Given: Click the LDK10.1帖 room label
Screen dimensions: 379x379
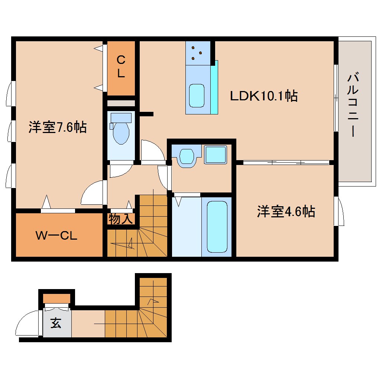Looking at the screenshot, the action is pyautogui.click(x=263, y=96).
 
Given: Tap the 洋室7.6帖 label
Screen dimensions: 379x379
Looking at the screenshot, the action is pyautogui.click(x=58, y=127).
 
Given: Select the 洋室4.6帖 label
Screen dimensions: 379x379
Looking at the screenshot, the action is pyautogui.click(x=286, y=211).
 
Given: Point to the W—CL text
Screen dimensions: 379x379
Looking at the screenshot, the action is pyautogui.click(x=56, y=236).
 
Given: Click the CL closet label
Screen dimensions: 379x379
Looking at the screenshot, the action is pyautogui.click(x=121, y=67).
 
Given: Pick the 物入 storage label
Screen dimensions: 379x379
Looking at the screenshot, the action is pyautogui.click(x=121, y=219).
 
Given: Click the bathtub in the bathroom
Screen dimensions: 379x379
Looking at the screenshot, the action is pyautogui.click(x=217, y=227).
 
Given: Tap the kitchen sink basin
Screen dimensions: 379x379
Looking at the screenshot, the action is pyautogui.click(x=197, y=96).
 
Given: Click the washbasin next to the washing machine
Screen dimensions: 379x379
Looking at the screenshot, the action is pyautogui.click(x=187, y=157).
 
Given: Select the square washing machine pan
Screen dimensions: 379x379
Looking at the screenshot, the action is pyautogui.click(x=216, y=155).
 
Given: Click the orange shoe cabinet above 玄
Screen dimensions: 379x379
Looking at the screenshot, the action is pyautogui.click(x=56, y=298).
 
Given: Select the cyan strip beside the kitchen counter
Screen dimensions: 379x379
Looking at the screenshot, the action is pyautogui.click(x=214, y=87).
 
